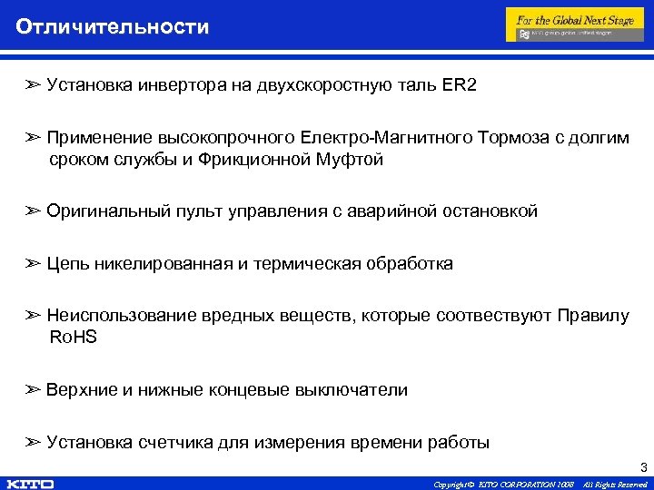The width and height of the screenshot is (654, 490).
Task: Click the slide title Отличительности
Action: coord(112,26)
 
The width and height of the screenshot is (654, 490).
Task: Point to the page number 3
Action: coord(643,468)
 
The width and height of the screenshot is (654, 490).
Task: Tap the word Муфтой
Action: coord(353,160)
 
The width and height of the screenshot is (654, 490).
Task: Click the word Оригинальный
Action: coord(108,211)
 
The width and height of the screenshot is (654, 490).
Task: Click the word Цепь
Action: coord(67,264)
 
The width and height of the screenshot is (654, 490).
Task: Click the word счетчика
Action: coord(176,443)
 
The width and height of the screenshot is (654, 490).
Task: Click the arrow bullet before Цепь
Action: coord(34,264)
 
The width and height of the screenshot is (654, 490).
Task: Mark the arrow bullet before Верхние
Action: coord(34,390)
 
